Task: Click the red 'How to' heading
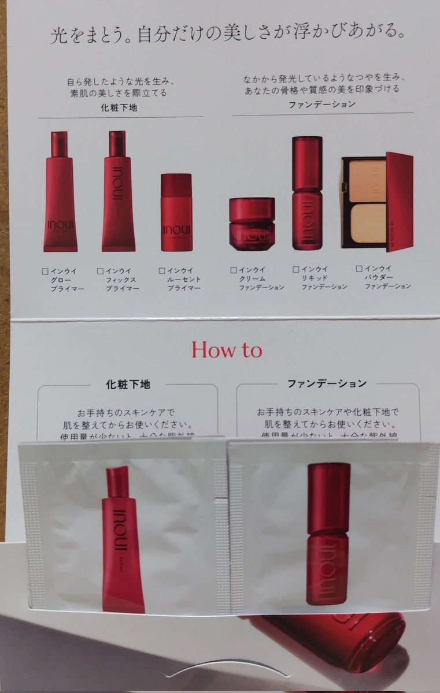(x=227, y=351)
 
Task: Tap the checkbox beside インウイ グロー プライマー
(x=45, y=270)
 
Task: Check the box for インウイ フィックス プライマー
(x=100, y=270)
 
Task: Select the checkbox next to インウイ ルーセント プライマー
(x=162, y=270)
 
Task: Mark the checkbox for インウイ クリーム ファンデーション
(x=233, y=269)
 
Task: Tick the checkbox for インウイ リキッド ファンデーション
(x=295, y=269)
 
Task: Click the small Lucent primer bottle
(x=176, y=213)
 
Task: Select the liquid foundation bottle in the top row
(x=306, y=193)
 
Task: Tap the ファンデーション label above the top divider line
(x=322, y=105)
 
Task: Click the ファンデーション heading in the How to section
(x=327, y=383)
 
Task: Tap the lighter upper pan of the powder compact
(x=366, y=173)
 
